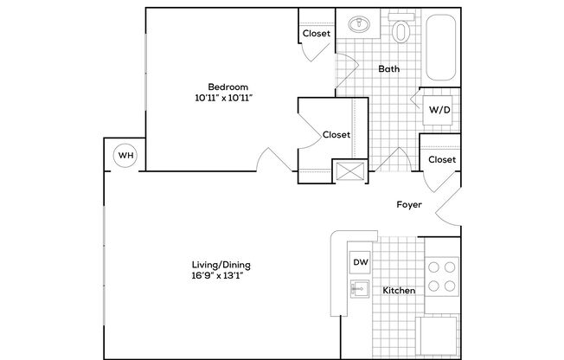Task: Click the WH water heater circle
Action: pyautogui.click(x=125, y=155)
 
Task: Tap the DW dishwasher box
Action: pyautogui.click(x=359, y=260)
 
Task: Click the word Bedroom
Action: pyautogui.click(x=228, y=86)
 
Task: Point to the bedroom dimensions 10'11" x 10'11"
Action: pyautogui.click(x=228, y=99)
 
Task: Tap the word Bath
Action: pyautogui.click(x=388, y=68)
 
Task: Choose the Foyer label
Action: pyautogui.click(x=408, y=205)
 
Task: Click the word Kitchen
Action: pyautogui.click(x=399, y=291)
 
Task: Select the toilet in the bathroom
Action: pyautogui.click(x=401, y=32)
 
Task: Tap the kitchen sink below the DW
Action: pyautogui.click(x=359, y=290)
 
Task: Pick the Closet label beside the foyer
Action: pyautogui.click(x=442, y=160)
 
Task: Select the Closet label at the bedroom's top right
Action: pyautogui.click(x=316, y=34)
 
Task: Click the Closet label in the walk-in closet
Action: pyautogui.click(x=336, y=135)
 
